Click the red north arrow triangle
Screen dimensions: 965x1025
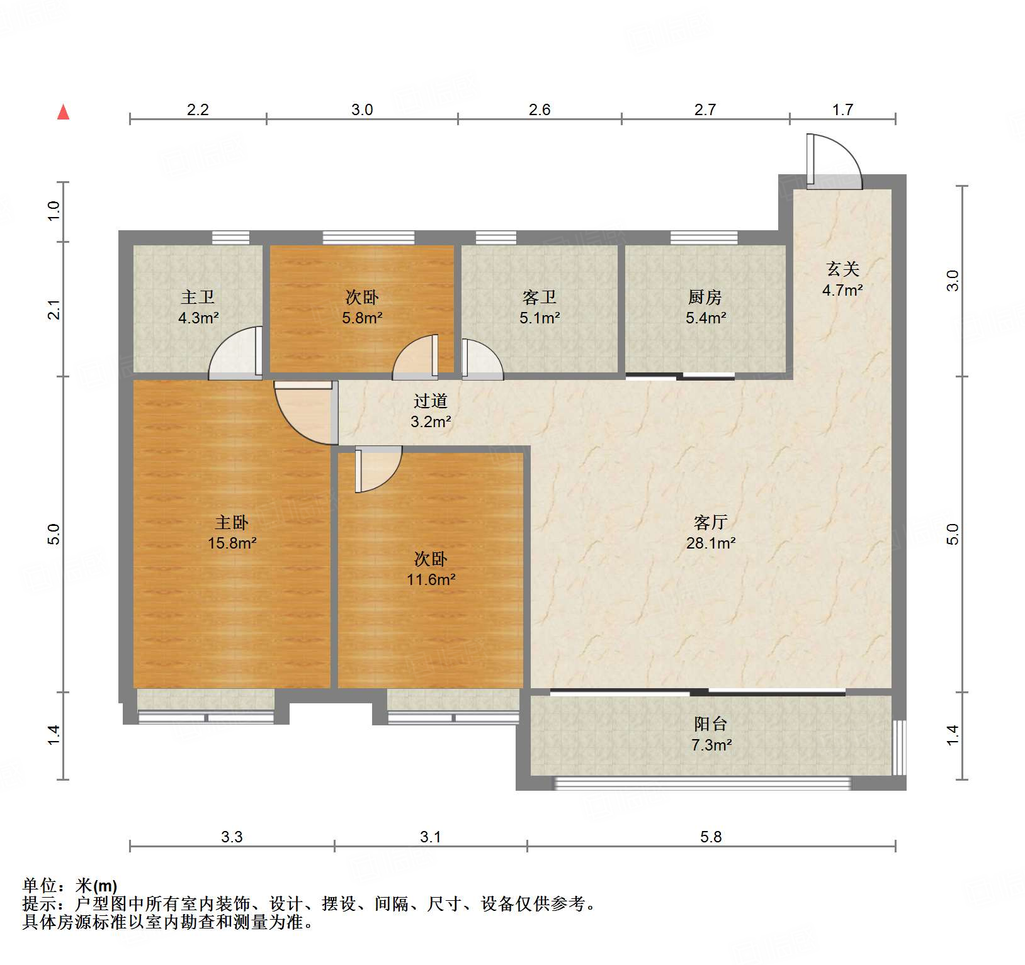click(x=63, y=112)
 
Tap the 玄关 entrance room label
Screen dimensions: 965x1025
click(x=842, y=269)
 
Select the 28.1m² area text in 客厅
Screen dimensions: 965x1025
click(x=711, y=543)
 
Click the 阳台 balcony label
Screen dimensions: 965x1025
click(x=711, y=724)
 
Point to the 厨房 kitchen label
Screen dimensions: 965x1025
click(x=705, y=297)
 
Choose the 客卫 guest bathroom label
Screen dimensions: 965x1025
click(x=540, y=297)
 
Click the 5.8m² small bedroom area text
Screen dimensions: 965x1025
click(x=362, y=318)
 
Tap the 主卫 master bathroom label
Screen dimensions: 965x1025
click(x=198, y=297)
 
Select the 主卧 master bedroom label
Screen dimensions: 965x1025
click(x=232, y=522)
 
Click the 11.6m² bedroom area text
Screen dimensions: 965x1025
click(x=431, y=579)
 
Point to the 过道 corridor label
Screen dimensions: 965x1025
click(x=431, y=401)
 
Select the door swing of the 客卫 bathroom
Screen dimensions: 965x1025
click(x=482, y=360)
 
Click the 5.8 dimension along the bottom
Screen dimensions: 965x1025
click(x=711, y=837)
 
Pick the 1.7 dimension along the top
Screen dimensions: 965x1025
click(x=842, y=110)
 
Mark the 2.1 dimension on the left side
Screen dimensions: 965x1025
click(x=55, y=310)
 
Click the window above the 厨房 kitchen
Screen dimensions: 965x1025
click(x=704, y=237)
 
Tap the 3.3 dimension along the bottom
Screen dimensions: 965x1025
click(x=232, y=837)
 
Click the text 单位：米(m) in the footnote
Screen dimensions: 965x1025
click(x=70, y=886)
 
